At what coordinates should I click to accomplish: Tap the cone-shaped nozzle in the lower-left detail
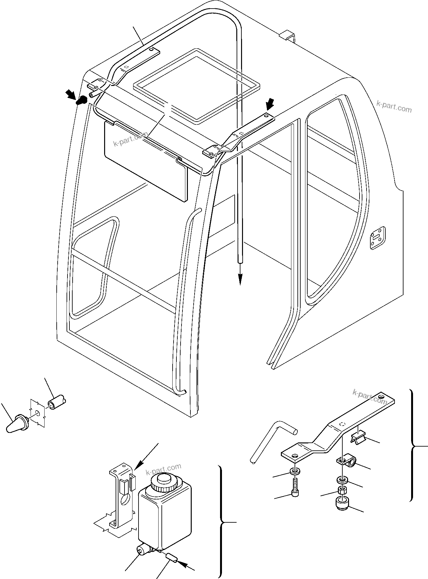click(x=16, y=423)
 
